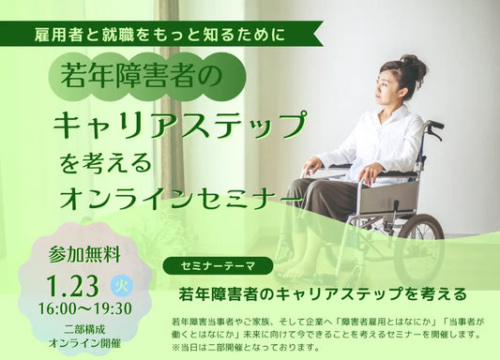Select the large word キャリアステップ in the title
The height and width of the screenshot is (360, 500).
pyautogui.click(x=179, y=124)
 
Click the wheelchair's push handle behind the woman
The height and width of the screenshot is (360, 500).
pyautogui.click(x=433, y=125)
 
